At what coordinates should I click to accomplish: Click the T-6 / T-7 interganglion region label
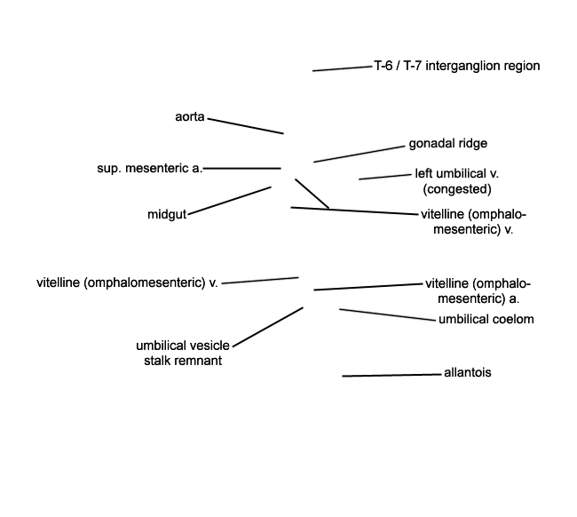(457, 66)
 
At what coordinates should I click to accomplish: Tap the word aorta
(190, 116)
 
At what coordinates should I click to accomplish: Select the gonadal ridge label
(447, 144)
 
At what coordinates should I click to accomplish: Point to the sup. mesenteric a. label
(150, 168)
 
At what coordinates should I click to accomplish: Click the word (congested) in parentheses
(457, 189)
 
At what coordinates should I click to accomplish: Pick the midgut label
(167, 214)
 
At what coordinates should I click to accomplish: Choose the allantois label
(467, 372)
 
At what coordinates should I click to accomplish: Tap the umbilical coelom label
(486, 319)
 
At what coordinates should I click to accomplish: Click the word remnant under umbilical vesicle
(202, 361)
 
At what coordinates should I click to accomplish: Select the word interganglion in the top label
(462, 66)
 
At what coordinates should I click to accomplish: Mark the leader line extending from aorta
(245, 126)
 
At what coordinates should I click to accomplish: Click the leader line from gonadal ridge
(360, 155)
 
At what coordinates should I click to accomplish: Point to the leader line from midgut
(229, 201)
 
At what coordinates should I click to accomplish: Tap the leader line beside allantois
(391, 375)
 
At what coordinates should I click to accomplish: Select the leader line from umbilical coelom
(387, 314)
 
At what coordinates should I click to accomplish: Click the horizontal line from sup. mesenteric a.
(242, 168)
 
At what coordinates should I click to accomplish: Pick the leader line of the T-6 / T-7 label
(343, 68)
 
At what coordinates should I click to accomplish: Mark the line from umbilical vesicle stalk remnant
(268, 327)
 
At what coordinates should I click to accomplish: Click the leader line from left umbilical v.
(385, 177)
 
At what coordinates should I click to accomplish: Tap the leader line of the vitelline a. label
(368, 287)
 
